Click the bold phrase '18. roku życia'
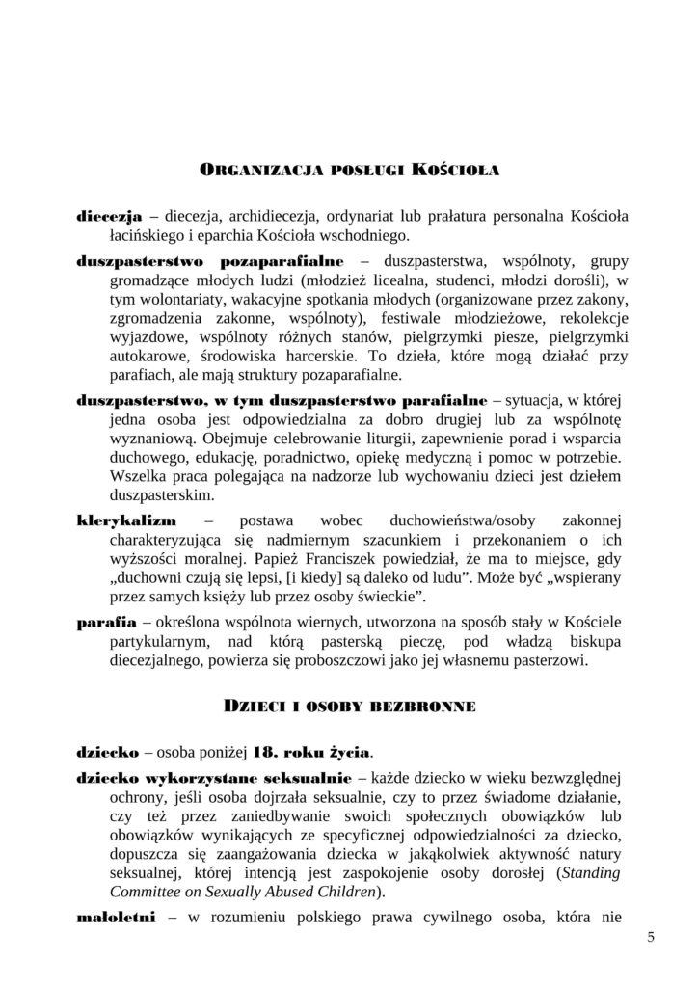314,751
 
